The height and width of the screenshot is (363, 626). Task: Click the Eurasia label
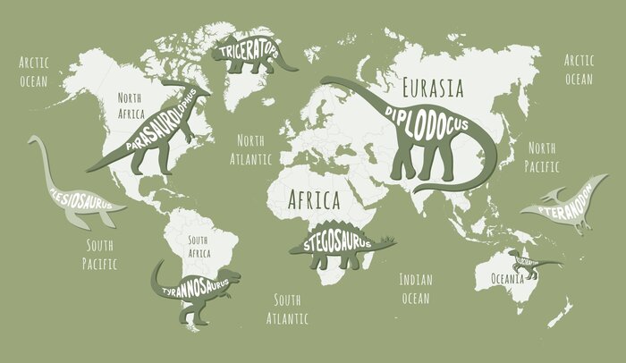click(x=433, y=88)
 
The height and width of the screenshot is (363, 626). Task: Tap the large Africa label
click(x=312, y=198)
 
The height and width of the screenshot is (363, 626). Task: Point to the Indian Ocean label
click(x=415, y=288)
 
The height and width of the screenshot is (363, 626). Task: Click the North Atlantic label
click(x=251, y=150)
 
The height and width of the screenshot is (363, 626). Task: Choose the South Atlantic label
click(x=288, y=308)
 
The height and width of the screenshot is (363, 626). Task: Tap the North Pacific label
click(x=543, y=156)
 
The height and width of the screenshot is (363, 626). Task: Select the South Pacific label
click(x=100, y=254)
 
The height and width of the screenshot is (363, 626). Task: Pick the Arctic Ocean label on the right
click(x=579, y=70)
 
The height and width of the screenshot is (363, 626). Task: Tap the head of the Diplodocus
click(x=326, y=84)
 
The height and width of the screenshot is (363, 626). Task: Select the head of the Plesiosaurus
click(x=33, y=140)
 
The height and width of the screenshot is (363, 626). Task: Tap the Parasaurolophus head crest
click(x=198, y=88)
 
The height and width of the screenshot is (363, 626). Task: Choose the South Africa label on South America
click(x=198, y=247)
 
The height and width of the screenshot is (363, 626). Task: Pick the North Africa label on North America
click(x=131, y=106)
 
